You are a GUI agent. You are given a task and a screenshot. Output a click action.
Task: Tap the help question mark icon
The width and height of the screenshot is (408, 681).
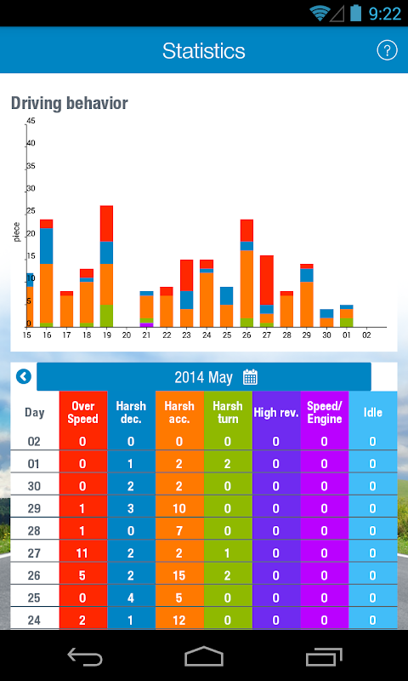coord(387,50)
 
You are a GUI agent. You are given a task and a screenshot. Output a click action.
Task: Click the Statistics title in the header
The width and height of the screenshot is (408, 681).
coord(204,51)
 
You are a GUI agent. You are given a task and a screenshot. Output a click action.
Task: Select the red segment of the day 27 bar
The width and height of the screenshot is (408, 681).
coord(267,280)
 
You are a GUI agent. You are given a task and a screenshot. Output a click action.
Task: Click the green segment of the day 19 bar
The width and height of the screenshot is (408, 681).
coord(106,316)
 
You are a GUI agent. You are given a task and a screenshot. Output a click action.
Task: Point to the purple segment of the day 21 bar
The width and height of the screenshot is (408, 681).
coord(146,325)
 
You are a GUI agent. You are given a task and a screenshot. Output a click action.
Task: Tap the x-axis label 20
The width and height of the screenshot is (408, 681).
coord(127,335)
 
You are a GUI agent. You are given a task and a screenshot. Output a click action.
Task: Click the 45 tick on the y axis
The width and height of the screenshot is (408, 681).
coord(31,121)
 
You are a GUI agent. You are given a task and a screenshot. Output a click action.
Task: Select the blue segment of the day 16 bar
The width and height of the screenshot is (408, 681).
coord(47,246)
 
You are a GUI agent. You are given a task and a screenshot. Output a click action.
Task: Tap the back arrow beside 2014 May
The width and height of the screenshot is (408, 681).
coord(24,376)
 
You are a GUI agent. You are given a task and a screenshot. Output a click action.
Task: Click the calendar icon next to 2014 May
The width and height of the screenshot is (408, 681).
coord(250,377)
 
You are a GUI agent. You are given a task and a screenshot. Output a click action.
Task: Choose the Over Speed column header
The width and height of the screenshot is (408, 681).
coord(82,413)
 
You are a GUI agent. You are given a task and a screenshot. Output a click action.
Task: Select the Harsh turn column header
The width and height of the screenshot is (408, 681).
coord(228,413)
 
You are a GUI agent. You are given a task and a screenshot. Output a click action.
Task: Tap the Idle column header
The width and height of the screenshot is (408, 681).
coord(373,413)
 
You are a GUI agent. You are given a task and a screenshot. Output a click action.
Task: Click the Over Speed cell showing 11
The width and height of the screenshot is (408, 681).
coord(82,552)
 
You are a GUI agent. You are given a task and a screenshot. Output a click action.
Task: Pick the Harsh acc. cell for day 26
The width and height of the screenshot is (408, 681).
coord(179,575)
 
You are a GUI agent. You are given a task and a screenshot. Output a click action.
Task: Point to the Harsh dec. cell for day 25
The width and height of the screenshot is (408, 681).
coord(131,598)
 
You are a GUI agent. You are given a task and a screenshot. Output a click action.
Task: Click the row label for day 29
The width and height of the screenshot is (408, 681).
coord(34,508)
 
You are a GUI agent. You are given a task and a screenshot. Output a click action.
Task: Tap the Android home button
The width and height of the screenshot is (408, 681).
coord(204,655)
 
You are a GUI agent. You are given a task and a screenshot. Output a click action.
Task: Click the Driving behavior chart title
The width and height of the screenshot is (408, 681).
coord(70,103)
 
